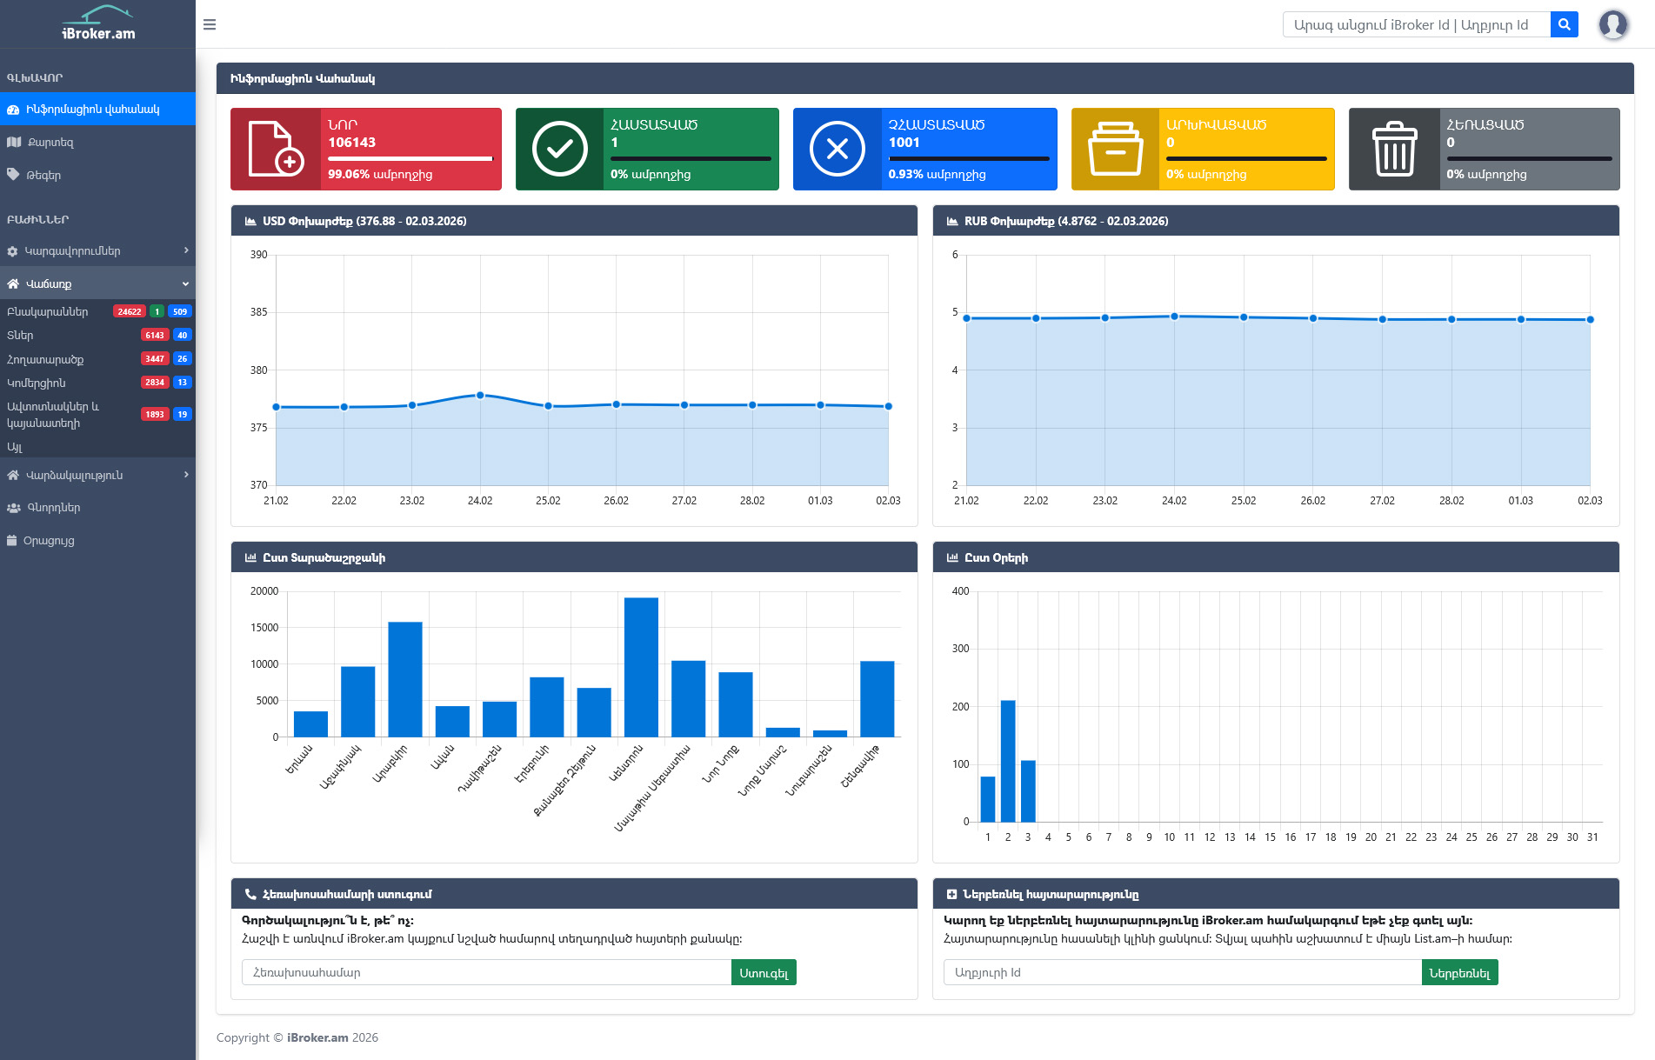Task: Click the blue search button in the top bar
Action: coord(1564,24)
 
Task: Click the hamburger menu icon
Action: coord(210,24)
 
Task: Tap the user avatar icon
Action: coord(1612,24)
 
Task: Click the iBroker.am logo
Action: coord(98,23)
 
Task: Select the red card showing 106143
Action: coord(366,149)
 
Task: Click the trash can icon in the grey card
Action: coord(1394,150)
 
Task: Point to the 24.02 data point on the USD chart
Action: coord(480,395)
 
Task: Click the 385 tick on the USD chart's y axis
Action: coord(258,312)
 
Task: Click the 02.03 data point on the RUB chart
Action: coord(1590,319)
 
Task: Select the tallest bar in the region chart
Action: coord(641,667)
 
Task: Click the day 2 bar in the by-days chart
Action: coord(1008,761)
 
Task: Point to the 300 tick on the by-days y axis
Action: coord(960,649)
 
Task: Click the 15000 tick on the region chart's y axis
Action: coord(264,628)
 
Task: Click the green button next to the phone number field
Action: coord(764,973)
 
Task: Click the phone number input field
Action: coord(486,973)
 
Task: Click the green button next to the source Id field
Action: coord(1459,973)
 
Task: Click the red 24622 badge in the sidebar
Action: coord(130,311)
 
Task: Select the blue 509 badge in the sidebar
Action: coord(180,311)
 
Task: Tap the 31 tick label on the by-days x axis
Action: coord(1592,837)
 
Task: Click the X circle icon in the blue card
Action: coord(837,150)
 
